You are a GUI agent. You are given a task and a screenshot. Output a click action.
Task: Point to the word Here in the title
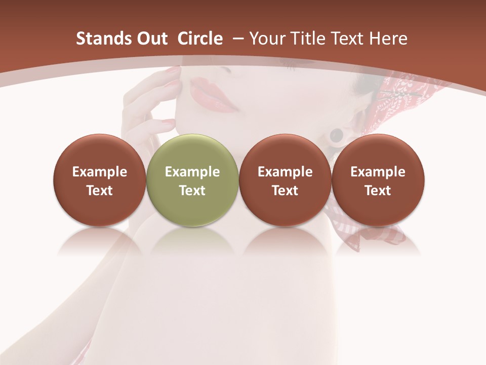click(x=389, y=39)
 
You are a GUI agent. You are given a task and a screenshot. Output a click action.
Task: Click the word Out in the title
click(x=151, y=39)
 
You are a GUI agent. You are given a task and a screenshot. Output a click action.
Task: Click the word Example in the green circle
click(x=192, y=172)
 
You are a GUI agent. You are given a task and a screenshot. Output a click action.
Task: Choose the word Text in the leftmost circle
click(x=100, y=191)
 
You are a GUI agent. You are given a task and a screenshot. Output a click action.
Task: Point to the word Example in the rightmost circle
click(x=378, y=172)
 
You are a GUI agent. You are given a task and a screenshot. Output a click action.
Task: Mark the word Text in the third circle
click(x=285, y=191)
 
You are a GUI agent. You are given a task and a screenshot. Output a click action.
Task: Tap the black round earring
click(x=337, y=135)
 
